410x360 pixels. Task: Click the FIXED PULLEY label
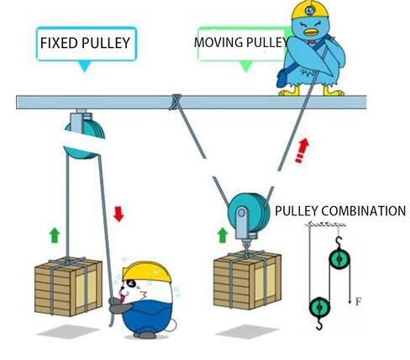tap(85, 43)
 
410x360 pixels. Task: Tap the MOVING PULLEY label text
tap(241, 42)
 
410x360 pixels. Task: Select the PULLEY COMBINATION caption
tap(340, 211)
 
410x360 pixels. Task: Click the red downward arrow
tap(118, 214)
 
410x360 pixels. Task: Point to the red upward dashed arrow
tap(302, 151)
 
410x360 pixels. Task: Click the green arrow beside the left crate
tap(55, 235)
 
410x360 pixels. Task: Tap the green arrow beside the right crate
tap(223, 235)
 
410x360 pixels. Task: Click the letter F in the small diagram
tap(359, 302)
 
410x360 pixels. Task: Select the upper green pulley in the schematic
tap(339, 259)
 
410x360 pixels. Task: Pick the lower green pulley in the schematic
tap(319, 307)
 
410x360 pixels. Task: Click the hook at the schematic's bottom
tap(319, 324)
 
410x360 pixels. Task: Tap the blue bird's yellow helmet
tap(309, 10)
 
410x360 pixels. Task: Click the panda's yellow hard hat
tap(146, 272)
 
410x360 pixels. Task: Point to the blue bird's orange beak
tap(312, 32)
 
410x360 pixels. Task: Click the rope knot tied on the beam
tap(175, 102)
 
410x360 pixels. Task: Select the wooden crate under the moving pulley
tap(247, 280)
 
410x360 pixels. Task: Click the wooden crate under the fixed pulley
tap(68, 287)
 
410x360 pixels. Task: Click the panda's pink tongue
tap(122, 299)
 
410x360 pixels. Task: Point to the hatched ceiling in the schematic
tap(326, 224)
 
